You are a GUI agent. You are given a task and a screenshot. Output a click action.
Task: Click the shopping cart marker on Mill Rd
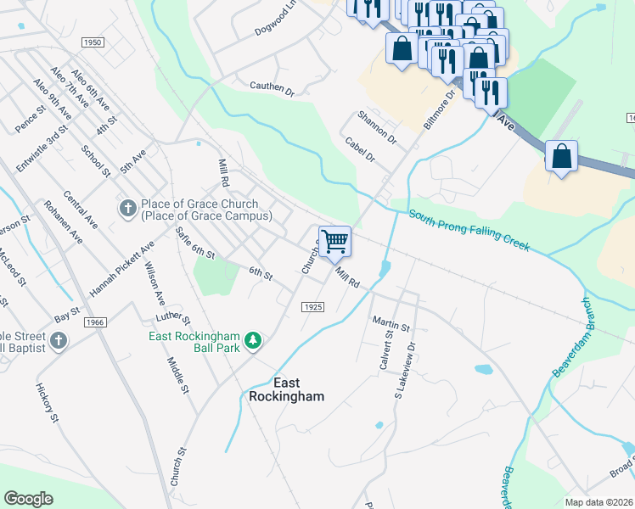[x=334, y=242]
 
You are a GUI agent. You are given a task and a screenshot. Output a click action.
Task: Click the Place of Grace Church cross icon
[x=127, y=208]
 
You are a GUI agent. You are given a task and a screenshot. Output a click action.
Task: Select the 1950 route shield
[x=93, y=42]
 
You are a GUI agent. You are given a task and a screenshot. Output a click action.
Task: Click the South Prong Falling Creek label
[x=469, y=230]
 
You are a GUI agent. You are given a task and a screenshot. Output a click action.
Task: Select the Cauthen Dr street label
[x=271, y=87]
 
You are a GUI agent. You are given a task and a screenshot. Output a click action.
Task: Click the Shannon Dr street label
[x=376, y=126]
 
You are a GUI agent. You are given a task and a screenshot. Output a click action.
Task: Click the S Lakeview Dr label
[x=407, y=371]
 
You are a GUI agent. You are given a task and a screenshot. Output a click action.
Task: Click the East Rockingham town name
[x=286, y=389]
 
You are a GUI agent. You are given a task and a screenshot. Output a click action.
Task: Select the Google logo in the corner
[x=28, y=498]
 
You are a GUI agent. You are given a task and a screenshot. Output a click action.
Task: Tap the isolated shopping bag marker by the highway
[x=561, y=157]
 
